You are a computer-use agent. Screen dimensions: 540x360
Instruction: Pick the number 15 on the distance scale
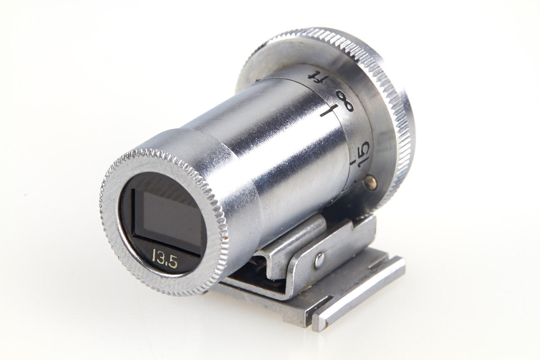(364, 154)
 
